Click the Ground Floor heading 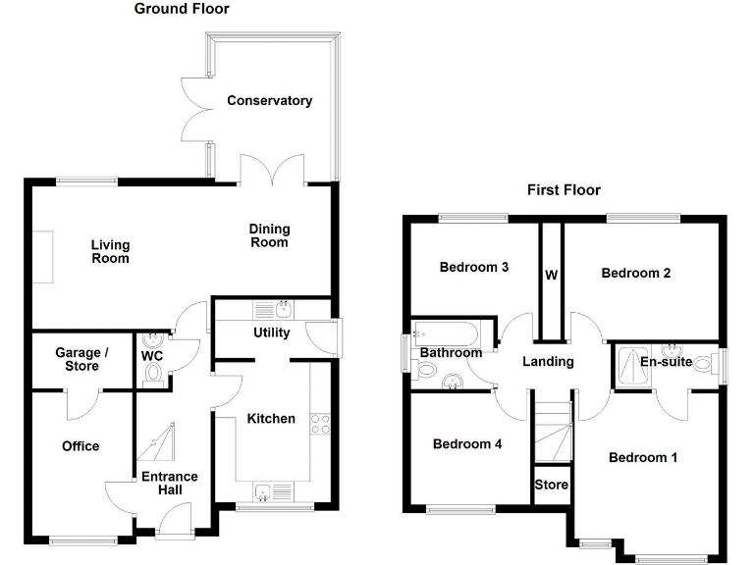pos(182,9)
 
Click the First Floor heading pos(564,190)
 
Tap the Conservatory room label pos(269,101)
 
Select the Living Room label pos(110,252)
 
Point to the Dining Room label pos(270,236)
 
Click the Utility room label pos(271,333)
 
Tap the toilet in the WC pos(152,374)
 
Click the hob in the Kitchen pos(320,425)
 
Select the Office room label pos(81,446)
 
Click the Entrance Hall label pos(170,484)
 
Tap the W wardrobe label pos(551,276)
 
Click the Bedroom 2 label pos(635,274)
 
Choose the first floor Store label pos(551,486)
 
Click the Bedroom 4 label pos(467,444)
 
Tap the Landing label pos(547,362)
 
